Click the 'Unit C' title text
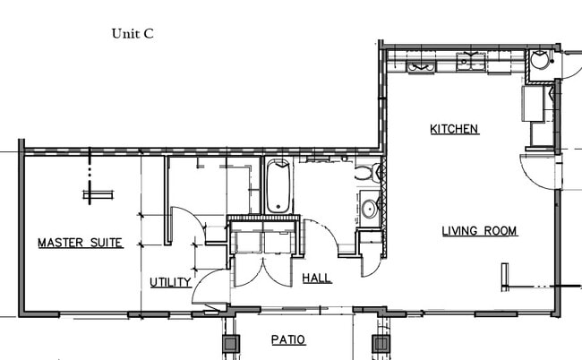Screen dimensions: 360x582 (133, 34)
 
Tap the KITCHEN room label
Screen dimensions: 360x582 (455, 129)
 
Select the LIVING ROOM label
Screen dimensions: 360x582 (479, 231)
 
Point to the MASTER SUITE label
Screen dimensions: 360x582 (80, 243)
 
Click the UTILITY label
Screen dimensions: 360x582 (170, 282)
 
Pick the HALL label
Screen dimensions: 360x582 (316, 279)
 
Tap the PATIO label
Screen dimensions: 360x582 (288, 340)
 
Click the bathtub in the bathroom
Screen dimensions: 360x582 (278, 186)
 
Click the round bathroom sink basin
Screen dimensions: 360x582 (368, 210)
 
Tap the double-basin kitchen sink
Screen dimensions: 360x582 (470, 62)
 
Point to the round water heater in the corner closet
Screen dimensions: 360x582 (540, 61)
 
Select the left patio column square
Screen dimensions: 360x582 (231, 342)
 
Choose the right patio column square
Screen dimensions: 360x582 (382, 342)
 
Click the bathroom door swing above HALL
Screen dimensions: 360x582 (320, 236)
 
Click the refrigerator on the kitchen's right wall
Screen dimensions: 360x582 (537, 104)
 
